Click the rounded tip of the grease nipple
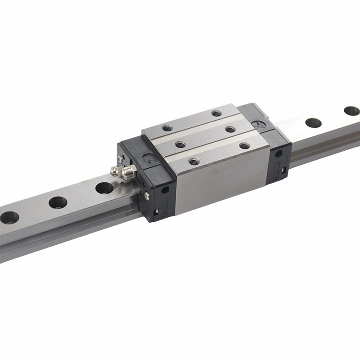click(x=113, y=171)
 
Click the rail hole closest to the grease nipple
click(x=104, y=188)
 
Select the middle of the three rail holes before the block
click(x=58, y=202)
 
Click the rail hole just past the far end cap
click(x=313, y=122)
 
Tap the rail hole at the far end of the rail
click(x=351, y=111)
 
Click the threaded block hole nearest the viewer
click(x=194, y=162)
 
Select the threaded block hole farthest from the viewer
click(x=216, y=113)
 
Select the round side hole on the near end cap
click(x=165, y=190)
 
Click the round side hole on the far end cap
click(x=279, y=153)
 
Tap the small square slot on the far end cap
click(x=284, y=170)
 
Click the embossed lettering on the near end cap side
click(x=165, y=211)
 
